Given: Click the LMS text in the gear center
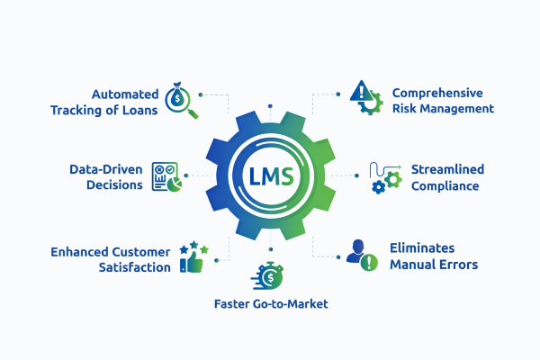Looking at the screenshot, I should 271,174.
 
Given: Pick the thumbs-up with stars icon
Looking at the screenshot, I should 193,256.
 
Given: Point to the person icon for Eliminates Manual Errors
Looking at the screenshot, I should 362,254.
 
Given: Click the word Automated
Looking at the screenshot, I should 124,94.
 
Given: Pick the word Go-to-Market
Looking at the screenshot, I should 292,304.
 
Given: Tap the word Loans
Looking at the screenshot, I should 139,111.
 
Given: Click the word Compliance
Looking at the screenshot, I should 445,186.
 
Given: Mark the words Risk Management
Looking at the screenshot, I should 443,108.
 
